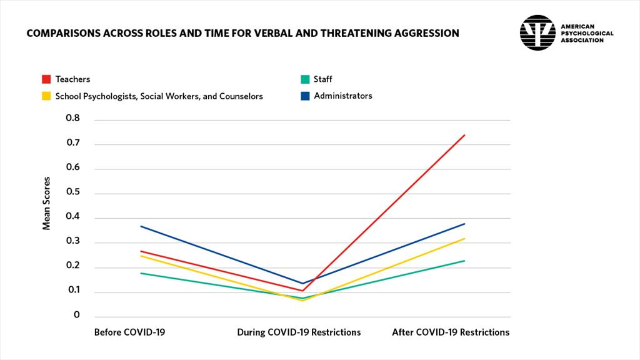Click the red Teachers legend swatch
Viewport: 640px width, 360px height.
click(x=46, y=79)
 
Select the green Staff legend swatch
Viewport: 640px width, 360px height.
click(x=305, y=79)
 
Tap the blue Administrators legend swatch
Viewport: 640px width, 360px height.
click(x=305, y=96)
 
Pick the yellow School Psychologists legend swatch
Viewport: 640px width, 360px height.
click(x=46, y=96)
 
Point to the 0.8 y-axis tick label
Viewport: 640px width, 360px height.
click(x=73, y=117)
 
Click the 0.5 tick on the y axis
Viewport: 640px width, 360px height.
click(x=73, y=192)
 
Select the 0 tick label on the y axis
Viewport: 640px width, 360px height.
click(x=77, y=316)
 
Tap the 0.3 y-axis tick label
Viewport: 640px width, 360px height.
click(x=73, y=241)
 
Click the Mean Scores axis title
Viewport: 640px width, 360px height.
click(x=47, y=203)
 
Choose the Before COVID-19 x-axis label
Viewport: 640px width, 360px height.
click(x=129, y=332)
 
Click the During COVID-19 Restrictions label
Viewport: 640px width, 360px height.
click(x=299, y=332)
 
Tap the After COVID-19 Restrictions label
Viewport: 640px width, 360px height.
click(x=451, y=332)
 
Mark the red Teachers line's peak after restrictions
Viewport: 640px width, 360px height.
click(x=464, y=135)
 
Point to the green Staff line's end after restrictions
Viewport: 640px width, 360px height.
click(x=464, y=261)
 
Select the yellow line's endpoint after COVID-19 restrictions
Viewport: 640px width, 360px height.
click(x=464, y=238)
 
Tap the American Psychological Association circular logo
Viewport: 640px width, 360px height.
click(x=537, y=32)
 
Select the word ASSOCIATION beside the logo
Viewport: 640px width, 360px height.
click(x=582, y=40)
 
